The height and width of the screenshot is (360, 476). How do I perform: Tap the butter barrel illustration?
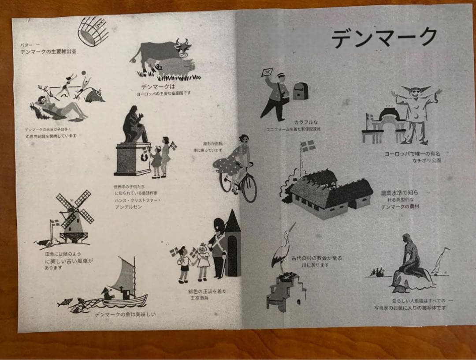click(93, 31)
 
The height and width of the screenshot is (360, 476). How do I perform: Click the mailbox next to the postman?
click(301, 90)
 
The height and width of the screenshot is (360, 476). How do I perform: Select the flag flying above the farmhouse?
click(309, 146)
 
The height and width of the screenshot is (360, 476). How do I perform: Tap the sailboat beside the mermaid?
click(441, 262)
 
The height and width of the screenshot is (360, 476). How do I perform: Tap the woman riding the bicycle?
click(240, 161)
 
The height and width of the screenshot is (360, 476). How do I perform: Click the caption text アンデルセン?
click(127, 207)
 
